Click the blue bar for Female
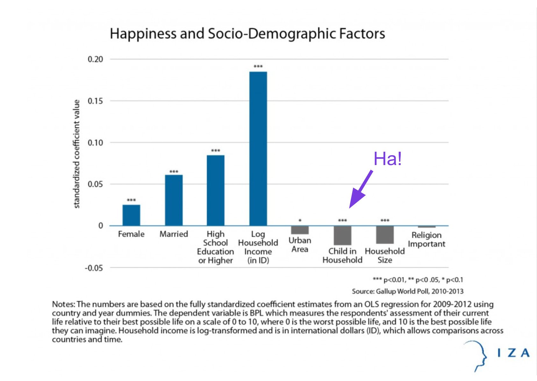[x=131, y=215]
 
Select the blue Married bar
[x=174, y=200]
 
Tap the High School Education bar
[x=216, y=190]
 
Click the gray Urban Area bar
[x=300, y=230]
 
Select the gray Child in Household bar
[x=342, y=235]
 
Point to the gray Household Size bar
[x=385, y=235]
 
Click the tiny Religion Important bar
[x=426, y=227]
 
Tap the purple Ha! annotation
[x=387, y=159]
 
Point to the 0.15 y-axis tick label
[x=95, y=101]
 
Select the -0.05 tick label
[x=94, y=268]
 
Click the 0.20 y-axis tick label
[x=95, y=59]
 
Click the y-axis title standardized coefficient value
[x=76, y=154]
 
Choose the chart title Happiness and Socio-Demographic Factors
[x=247, y=34]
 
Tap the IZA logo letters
[x=513, y=353]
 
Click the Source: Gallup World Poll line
[x=407, y=291]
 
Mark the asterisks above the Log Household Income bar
[x=258, y=66]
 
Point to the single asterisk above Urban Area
[x=300, y=220]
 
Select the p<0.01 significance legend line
[x=418, y=280]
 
